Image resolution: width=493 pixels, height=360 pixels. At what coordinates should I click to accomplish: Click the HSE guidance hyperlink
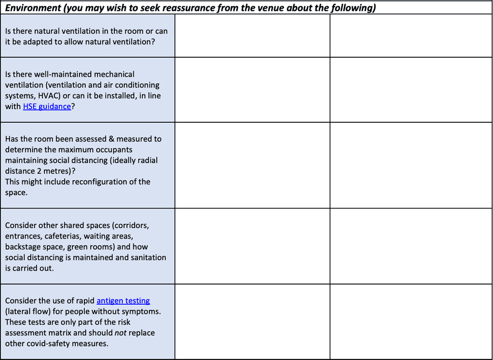[x=47, y=107]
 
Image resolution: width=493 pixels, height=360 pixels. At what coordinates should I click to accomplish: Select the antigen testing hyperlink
[x=123, y=301]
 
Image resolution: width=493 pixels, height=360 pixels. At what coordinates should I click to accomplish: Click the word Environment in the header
[x=31, y=7]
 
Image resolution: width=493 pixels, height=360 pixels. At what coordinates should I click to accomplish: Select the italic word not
[x=121, y=333]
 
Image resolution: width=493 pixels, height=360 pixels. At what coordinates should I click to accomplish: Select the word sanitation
[x=148, y=257]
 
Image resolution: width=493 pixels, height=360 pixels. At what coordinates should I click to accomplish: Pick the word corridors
[x=132, y=225]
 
